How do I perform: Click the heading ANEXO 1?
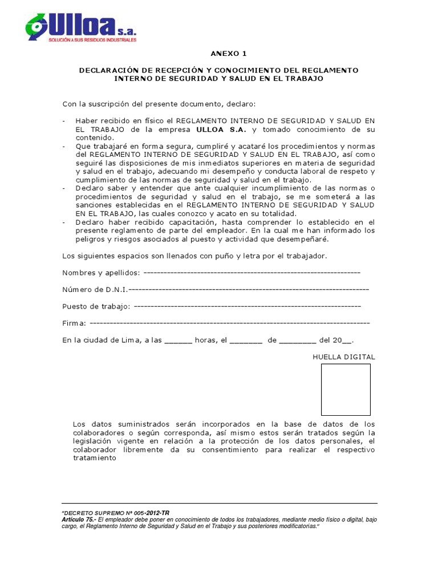pos(228,54)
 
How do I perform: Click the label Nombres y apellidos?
pos(99,272)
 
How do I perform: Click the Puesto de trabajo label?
pos(96,306)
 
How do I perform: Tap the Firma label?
pos(74,323)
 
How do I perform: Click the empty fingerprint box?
pos(345,390)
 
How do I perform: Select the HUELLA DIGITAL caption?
pos(343,357)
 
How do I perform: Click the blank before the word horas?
pos(178,340)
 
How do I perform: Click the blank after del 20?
pos(346,341)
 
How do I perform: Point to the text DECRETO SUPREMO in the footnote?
pos(88,513)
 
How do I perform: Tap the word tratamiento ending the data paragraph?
pos(94,458)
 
